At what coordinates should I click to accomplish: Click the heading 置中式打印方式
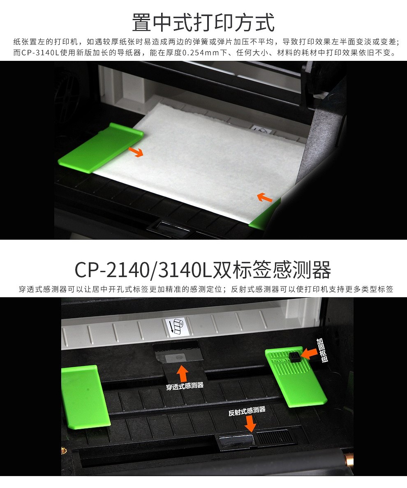pos(203,23)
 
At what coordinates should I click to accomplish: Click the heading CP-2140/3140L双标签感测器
pos(203,270)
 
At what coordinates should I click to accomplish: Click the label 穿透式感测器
pos(185,386)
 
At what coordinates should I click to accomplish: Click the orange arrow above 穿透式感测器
pos(182,373)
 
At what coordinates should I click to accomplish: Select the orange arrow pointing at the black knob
pos(309,354)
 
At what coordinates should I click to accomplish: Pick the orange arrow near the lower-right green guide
pos(265,198)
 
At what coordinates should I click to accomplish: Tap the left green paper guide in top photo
pos(99,148)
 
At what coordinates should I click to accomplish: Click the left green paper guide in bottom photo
pos(84,397)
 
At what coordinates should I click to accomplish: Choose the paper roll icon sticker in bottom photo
pos(177,326)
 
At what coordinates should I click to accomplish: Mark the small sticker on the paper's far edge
pos(260,130)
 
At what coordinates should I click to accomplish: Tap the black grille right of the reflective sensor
pos(275,437)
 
